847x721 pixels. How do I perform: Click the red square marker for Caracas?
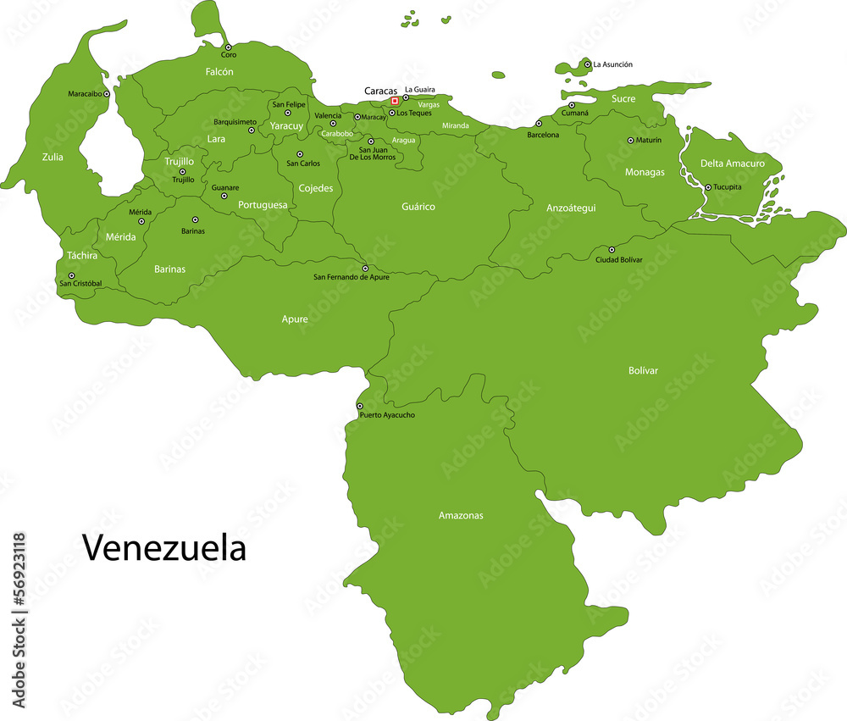pos(395,101)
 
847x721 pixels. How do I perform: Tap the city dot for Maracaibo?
pos(107,94)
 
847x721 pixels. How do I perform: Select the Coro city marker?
pos(228,47)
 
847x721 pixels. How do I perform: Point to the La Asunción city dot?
pos(588,64)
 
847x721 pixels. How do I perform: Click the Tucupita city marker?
pos(708,187)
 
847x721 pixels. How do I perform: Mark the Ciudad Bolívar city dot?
pos(612,250)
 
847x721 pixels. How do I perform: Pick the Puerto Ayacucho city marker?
pos(360,406)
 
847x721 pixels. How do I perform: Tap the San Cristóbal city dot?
pos(72,275)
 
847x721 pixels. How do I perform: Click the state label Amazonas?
pos(461,515)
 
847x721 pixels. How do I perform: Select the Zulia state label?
pos(53,157)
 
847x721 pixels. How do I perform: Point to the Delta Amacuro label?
pos(732,164)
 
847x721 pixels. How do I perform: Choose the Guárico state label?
pos(418,207)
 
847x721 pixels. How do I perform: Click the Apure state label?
pos(295,319)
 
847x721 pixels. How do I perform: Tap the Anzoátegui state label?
pos(571,208)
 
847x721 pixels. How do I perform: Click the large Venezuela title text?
pos(163,548)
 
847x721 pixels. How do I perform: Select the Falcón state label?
pos(219,73)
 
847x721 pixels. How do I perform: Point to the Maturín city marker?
pos(630,141)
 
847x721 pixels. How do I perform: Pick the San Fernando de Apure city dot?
pos(365,268)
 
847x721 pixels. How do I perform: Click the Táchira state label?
pos(82,255)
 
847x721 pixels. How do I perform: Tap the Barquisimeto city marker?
pos(252,130)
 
